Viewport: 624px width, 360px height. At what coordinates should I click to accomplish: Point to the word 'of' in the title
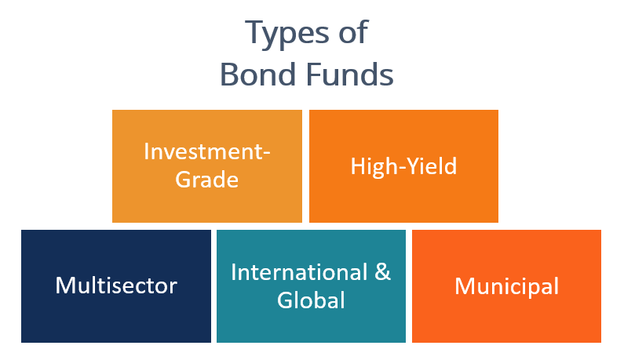tap(351, 34)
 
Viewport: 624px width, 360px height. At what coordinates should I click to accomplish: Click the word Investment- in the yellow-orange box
tap(207, 151)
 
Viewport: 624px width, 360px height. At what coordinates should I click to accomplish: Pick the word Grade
tap(207, 179)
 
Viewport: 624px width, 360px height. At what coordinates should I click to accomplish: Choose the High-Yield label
tap(403, 166)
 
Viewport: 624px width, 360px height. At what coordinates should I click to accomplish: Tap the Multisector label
tap(116, 285)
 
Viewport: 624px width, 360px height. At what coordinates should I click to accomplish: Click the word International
tap(299, 272)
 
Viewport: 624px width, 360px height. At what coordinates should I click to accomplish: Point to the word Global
tap(311, 300)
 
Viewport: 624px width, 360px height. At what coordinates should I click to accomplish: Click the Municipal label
tap(506, 286)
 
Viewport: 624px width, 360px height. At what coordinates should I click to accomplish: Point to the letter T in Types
tap(254, 34)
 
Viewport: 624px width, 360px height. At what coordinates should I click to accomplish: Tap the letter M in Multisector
tap(65, 285)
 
